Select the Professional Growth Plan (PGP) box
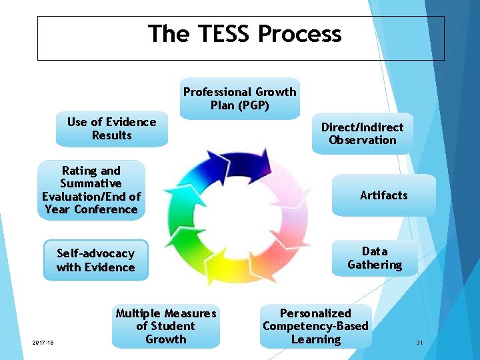[x=240, y=99]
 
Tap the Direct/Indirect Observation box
[x=362, y=133]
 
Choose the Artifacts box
[x=383, y=195]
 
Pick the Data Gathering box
[x=375, y=258]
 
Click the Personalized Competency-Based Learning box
[x=315, y=327]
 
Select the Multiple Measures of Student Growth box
[x=166, y=327]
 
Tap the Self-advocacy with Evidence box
[x=95, y=260]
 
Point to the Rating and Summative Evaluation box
[x=91, y=190]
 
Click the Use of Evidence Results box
[x=111, y=129]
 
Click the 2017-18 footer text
[x=43, y=343]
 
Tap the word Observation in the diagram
[x=362, y=140]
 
